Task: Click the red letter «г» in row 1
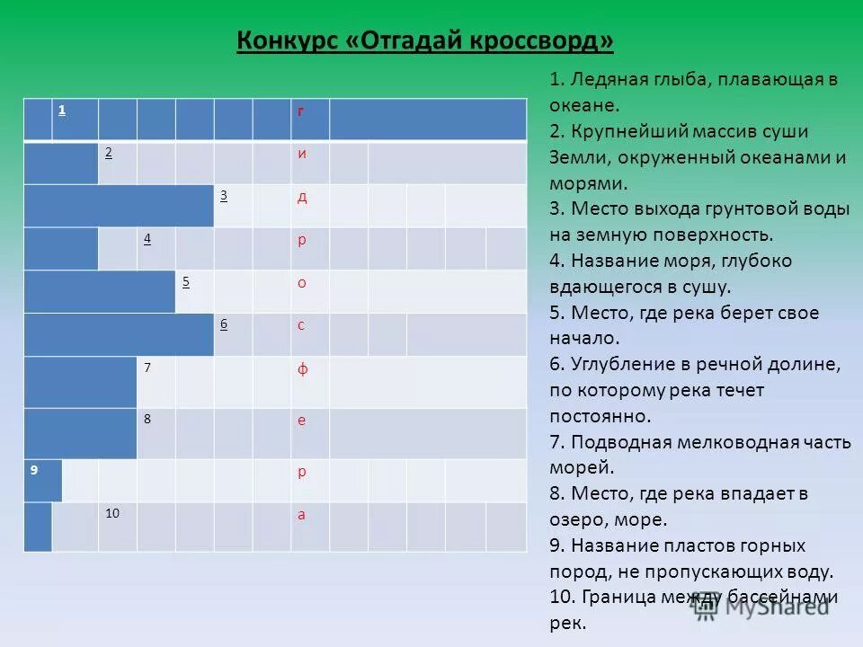tap(302, 111)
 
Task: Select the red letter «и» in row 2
tap(302, 153)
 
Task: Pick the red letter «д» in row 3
tap(302, 196)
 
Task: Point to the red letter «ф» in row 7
tap(302, 368)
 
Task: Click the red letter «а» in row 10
tap(302, 514)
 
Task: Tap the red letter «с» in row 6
tap(302, 325)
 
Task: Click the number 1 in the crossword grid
tap(62, 110)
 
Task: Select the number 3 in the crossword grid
tap(223, 195)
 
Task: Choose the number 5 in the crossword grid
tap(185, 281)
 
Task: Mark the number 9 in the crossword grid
tap(33, 469)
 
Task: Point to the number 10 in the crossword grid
tap(112, 513)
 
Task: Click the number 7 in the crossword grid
tap(147, 368)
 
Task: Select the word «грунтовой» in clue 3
tap(757, 209)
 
